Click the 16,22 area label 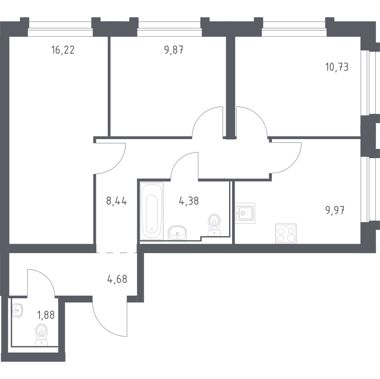pyautogui.click(x=63, y=50)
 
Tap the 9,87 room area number pyautogui.click(x=174, y=50)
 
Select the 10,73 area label pyautogui.click(x=337, y=67)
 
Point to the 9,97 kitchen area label pyautogui.click(x=335, y=210)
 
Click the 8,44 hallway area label pyautogui.click(x=116, y=201)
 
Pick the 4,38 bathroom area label pyautogui.click(x=189, y=201)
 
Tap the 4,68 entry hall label pyautogui.click(x=117, y=279)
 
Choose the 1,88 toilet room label pyautogui.click(x=46, y=315)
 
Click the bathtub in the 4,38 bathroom pyautogui.click(x=152, y=211)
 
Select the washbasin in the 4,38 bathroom pyautogui.click(x=177, y=232)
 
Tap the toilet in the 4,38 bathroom pyautogui.click(x=215, y=224)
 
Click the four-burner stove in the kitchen pyautogui.click(x=286, y=233)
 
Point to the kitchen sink pyautogui.click(x=245, y=211)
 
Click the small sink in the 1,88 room pyautogui.click(x=17, y=310)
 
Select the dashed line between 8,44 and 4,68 pyautogui.click(x=116, y=252)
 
